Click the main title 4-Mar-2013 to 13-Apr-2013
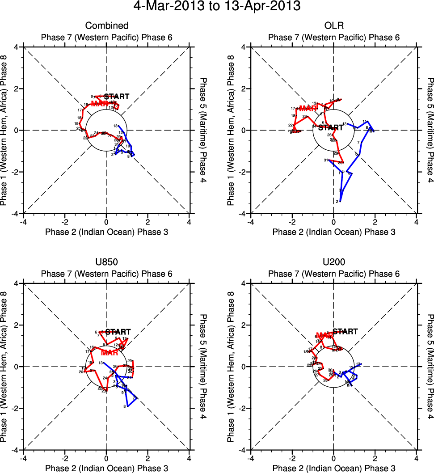pyautogui.click(x=217, y=7)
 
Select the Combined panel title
pyautogui.click(x=106, y=26)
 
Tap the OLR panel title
pyautogui.click(x=333, y=26)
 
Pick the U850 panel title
pyautogui.click(x=106, y=262)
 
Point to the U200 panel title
pyautogui.click(x=333, y=262)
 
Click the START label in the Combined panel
pyautogui.click(x=117, y=97)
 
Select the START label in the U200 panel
pyautogui.click(x=346, y=332)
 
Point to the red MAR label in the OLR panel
pyautogui.click(x=308, y=108)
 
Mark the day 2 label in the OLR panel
pyautogui.click(x=337, y=202)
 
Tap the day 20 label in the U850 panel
pyautogui.click(x=81, y=372)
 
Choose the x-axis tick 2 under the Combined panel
pyautogui.click(x=147, y=221)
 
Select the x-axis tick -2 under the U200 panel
pyautogui.click(x=292, y=458)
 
